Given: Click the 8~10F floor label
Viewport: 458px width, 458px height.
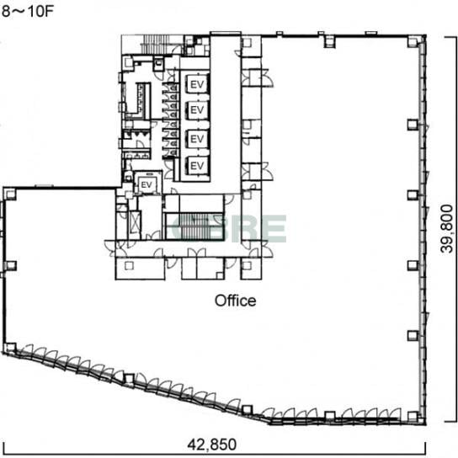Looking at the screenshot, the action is (28, 12).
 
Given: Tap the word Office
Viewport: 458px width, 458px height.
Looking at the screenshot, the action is (236, 301).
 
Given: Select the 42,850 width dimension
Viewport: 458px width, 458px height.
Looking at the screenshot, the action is (212, 445).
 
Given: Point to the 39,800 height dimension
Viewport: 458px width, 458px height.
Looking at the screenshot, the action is (446, 229).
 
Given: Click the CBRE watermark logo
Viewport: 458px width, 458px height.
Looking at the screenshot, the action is (229, 228).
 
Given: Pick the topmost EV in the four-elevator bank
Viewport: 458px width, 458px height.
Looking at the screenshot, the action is (197, 84).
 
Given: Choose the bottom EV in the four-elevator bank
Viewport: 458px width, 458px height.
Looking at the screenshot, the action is (197, 166).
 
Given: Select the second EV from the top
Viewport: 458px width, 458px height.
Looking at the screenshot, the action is (197, 109).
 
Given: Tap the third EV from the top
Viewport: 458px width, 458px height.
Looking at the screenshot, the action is (197, 139).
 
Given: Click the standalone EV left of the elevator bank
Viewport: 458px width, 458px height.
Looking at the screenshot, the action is (146, 185).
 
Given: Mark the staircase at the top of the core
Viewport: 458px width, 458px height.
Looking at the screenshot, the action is (157, 45).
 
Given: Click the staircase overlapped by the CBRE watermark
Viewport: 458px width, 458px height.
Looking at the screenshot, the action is (194, 226).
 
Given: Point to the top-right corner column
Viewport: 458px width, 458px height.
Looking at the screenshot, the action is (413, 42).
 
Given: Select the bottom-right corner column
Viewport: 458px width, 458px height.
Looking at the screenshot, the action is (413, 416).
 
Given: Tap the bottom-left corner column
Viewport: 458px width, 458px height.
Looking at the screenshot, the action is (10, 349).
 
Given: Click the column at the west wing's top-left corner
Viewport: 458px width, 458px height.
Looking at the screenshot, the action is (10, 194).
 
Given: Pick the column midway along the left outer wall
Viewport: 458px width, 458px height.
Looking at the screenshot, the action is (11, 266).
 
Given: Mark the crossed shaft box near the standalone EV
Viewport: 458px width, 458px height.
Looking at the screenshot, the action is (135, 221).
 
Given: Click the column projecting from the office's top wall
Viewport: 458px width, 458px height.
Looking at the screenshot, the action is (329, 41).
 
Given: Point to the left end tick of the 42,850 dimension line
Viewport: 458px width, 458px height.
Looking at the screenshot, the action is (3, 448).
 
